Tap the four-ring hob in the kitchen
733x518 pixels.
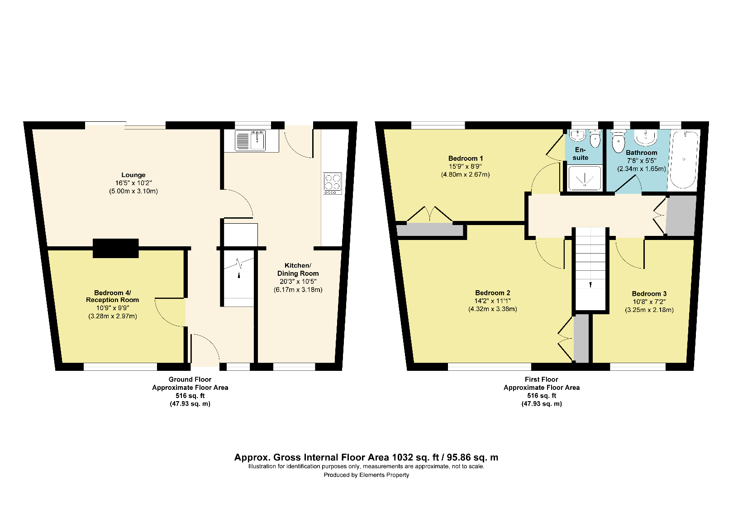333,183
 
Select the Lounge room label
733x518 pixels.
133,175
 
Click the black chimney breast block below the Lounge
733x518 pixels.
116,248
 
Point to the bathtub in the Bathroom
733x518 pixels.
684,160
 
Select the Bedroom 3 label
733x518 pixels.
649,294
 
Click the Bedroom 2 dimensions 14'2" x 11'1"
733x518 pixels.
492,301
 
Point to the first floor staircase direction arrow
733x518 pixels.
590,285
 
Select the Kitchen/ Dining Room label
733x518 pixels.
298,269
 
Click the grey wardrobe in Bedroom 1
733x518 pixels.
430,230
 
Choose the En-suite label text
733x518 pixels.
580,153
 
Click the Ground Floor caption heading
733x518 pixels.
190,379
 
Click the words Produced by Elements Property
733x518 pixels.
366,475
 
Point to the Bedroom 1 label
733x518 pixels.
465,158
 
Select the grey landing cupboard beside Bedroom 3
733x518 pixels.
681,216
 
